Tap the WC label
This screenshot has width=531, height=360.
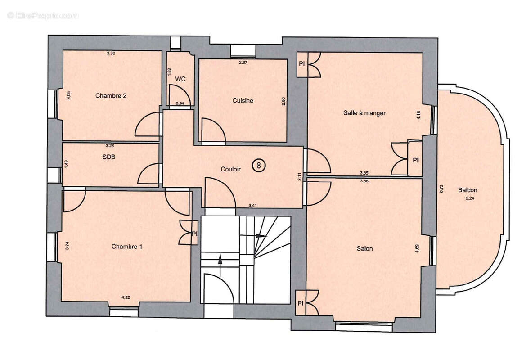click(x=180, y=79)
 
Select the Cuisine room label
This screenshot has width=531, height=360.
click(x=243, y=101)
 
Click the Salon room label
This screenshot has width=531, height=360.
click(x=364, y=248)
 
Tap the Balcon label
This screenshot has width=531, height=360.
click(x=468, y=190)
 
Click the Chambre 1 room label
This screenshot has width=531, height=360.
click(x=127, y=247)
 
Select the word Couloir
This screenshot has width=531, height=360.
click(x=231, y=169)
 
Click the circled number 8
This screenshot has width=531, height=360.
click(x=259, y=165)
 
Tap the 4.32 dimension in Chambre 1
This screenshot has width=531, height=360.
click(x=126, y=297)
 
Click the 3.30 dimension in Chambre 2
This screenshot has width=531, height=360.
click(x=111, y=54)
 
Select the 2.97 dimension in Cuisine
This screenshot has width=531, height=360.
click(x=243, y=62)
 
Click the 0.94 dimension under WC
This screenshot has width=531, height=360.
click(x=180, y=103)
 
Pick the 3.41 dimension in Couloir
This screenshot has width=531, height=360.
click(x=254, y=206)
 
